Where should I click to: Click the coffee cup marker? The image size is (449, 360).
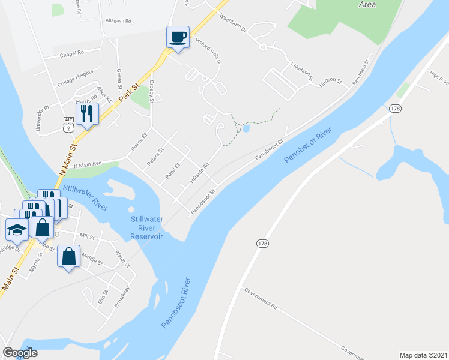click(178, 37)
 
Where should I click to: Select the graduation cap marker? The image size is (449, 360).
click(16, 229)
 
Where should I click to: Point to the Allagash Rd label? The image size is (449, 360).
click(118, 20)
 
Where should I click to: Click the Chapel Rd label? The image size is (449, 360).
click(72, 53)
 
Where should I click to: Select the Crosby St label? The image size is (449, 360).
click(152, 91)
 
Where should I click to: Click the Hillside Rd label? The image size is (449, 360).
click(199, 173)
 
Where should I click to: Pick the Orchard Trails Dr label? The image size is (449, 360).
click(208, 51)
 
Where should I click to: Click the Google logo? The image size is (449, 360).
click(20, 353)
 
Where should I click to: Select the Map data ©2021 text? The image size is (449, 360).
click(423, 355)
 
